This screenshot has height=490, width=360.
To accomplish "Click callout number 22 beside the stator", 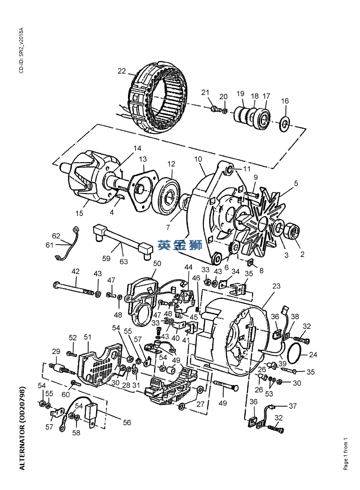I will [122, 71].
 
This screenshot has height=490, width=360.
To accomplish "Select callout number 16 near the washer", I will [285, 101].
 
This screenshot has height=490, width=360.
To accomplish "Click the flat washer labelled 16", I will [285, 123].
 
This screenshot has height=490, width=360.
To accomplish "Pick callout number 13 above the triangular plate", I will [142, 159].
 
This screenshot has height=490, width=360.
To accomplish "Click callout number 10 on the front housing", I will [198, 159].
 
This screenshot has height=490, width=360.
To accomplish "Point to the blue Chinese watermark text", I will [180, 245].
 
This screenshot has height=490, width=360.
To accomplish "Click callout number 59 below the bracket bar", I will [106, 258].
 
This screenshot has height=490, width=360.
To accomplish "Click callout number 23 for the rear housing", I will [276, 285].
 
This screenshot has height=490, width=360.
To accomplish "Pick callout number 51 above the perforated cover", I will [87, 337].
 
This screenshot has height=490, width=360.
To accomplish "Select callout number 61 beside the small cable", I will [50, 245].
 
